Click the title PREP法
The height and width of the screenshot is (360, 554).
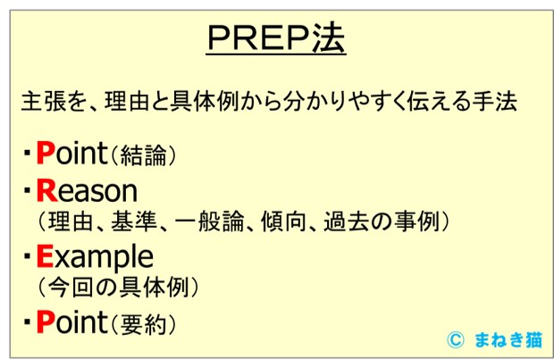276,38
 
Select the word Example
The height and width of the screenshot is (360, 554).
94,257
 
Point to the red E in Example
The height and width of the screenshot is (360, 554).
46,257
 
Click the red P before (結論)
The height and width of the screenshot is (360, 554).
46,154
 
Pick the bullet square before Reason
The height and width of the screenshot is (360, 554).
27,192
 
